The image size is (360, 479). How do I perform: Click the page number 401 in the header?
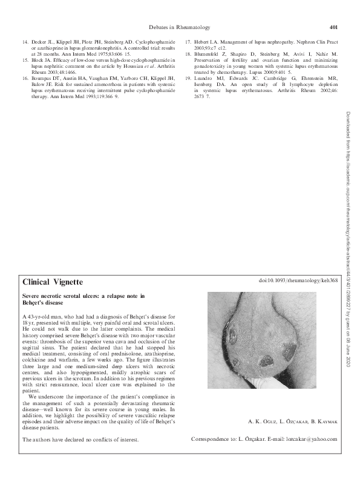point(333,27)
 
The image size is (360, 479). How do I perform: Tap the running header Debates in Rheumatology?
point(180,27)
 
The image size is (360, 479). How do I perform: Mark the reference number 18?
point(188,55)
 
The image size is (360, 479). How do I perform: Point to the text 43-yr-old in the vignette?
point(42,317)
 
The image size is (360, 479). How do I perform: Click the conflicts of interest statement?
point(80,438)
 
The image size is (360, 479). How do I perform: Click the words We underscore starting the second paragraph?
point(45,397)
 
